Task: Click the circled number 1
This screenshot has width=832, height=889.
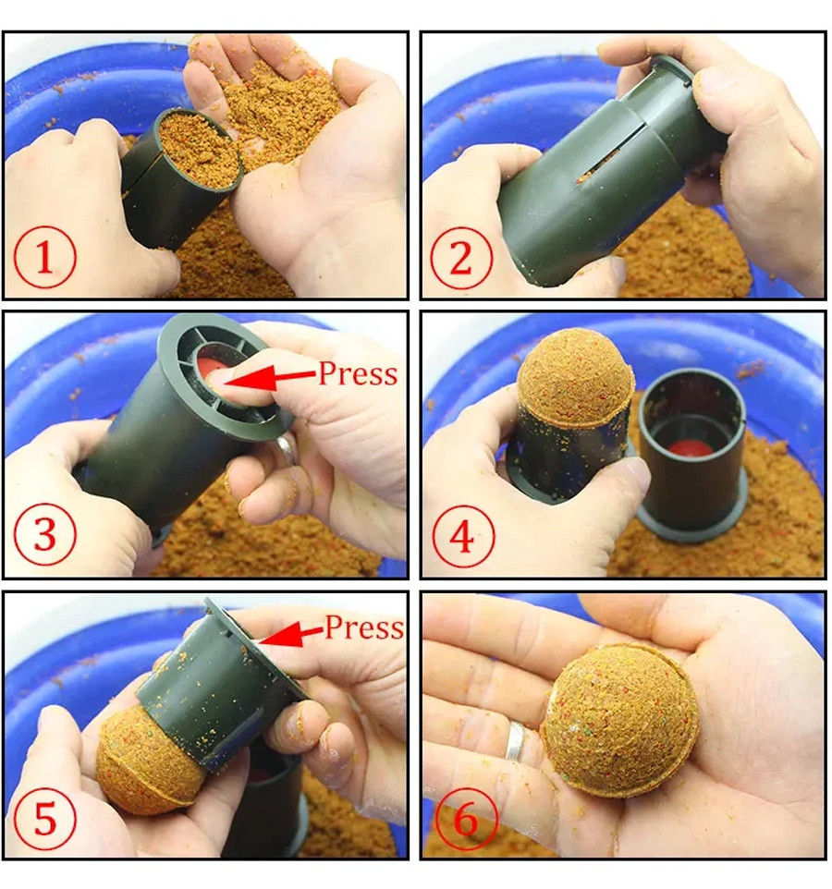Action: tap(44, 257)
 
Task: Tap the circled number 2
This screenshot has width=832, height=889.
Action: tap(460, 258)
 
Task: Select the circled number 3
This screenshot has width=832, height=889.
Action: tap(44, 534)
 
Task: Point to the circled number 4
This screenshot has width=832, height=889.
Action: tap(463, 536)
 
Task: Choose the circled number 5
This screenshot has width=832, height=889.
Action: tap(44, 818)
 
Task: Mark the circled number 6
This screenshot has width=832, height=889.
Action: tap(466, 818)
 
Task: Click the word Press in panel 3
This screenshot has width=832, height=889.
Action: tap(358, 374)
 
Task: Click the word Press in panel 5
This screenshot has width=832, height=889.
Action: tap(364, 628)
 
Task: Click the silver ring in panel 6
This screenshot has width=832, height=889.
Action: tap(515, 740)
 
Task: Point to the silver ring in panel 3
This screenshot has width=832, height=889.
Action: tap(287, 449)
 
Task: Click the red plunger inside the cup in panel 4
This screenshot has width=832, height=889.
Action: tap(689, 448)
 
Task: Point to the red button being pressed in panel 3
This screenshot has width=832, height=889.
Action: tap(209, 369)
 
